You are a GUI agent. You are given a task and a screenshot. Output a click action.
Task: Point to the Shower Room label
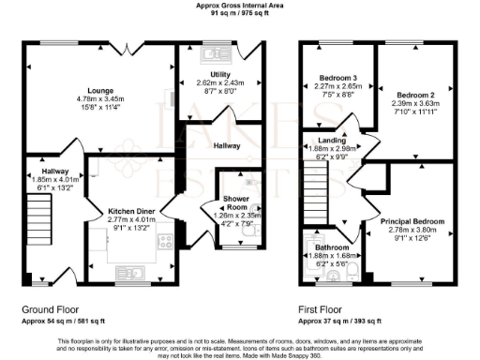click(x=233, y=205)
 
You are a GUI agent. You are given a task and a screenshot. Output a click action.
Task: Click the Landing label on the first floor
click(x=332, y=140)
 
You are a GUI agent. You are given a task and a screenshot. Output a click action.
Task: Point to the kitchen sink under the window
click(x=132, y=274)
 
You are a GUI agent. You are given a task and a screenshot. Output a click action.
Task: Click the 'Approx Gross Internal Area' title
click(x=239, y=5)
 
